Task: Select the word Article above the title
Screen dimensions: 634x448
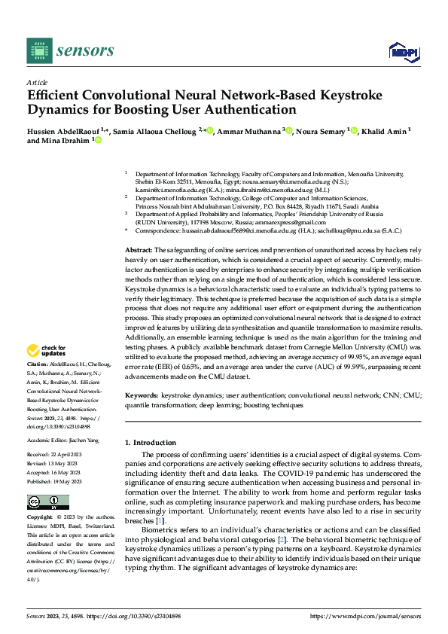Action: coord(37,82)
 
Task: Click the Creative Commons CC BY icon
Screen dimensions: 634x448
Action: coord(47,502)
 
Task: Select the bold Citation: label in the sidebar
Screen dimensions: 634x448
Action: coord(39,364)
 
